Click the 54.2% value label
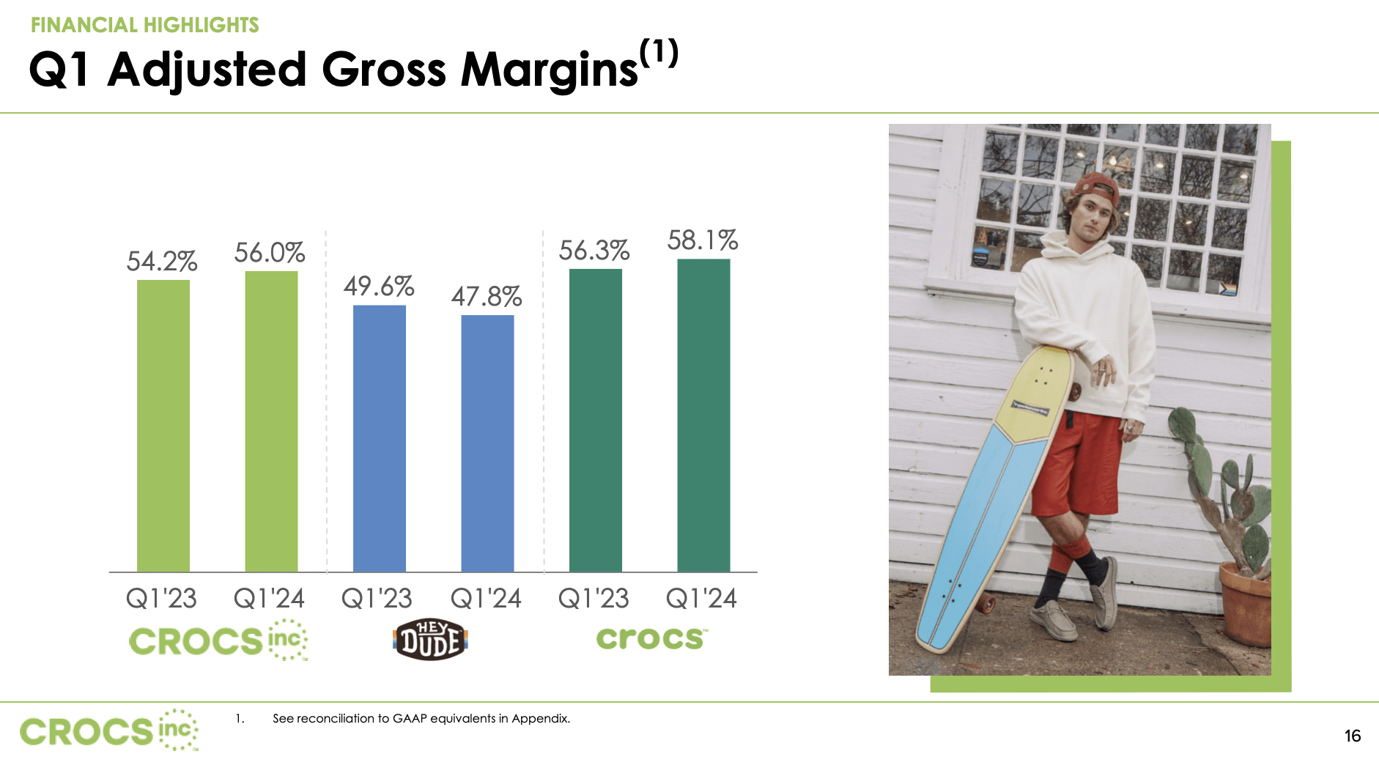162,262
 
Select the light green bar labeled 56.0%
271,421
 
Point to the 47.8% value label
487,297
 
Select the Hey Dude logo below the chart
430,640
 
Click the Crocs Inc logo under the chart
218,641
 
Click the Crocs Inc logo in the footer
109,731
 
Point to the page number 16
1352,736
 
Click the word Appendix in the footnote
540,718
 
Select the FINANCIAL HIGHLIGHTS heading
145,25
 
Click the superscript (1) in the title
659,53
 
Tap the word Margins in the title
550,71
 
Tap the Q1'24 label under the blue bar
487,599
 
